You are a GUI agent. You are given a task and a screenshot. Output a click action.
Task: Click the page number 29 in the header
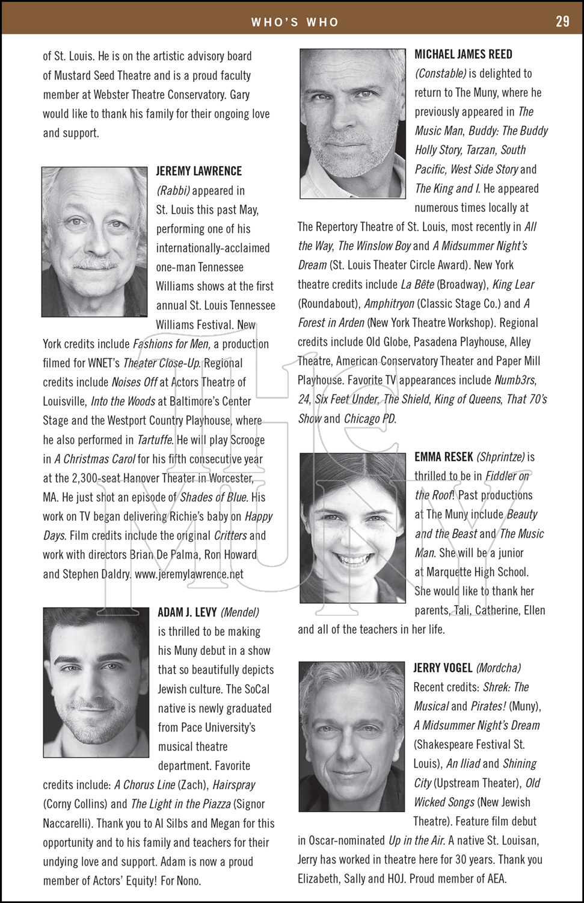point(562,21)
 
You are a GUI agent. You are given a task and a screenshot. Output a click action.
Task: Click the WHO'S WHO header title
point(295,22)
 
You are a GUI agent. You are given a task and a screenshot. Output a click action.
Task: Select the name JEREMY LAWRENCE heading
point(199,172)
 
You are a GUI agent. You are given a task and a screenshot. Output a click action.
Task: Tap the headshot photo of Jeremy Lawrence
point(94,242)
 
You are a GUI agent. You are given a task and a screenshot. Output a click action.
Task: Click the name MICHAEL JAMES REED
point(464,54)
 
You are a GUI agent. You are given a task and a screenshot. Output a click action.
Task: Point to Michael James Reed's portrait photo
point(353,123)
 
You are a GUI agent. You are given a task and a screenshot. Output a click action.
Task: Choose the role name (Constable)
point(441,73)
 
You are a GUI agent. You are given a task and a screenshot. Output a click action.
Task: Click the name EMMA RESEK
point(444,457)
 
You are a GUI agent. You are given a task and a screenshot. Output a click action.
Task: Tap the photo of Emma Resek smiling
point(353,529)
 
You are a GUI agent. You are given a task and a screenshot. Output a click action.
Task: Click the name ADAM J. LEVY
point(187,612)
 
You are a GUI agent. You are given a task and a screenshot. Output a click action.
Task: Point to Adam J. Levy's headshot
point(96,682)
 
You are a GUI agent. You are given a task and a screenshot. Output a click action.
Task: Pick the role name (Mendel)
point(240,612)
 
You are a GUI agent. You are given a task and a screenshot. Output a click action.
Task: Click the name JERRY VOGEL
point(443,668)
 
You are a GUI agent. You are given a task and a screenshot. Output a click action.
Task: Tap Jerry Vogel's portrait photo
point(352,736)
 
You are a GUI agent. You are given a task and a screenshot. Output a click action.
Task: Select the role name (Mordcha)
point(499,668)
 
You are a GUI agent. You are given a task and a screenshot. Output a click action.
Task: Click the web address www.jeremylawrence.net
point(189,574)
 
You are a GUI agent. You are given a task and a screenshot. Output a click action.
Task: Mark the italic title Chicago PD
point(370,418)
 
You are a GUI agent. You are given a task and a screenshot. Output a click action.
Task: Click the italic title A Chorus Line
point(144,785)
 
